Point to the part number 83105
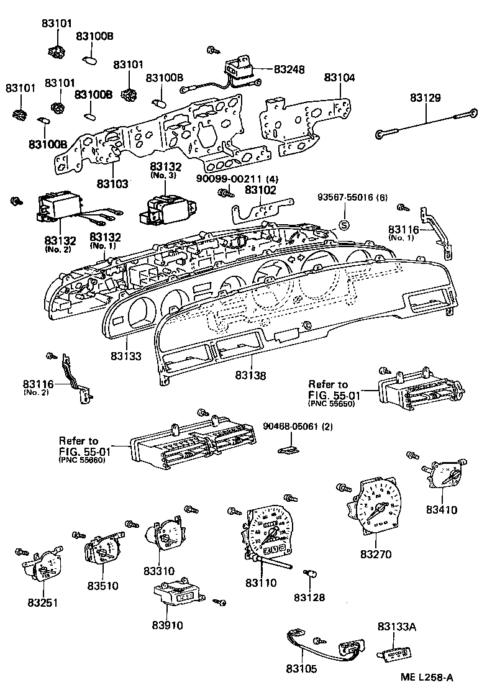point(301,669)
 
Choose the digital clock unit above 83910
point(176,595)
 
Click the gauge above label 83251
point(43,565)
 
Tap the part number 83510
point(102,585)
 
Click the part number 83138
point(251,376)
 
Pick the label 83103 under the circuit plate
point(112,184)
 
